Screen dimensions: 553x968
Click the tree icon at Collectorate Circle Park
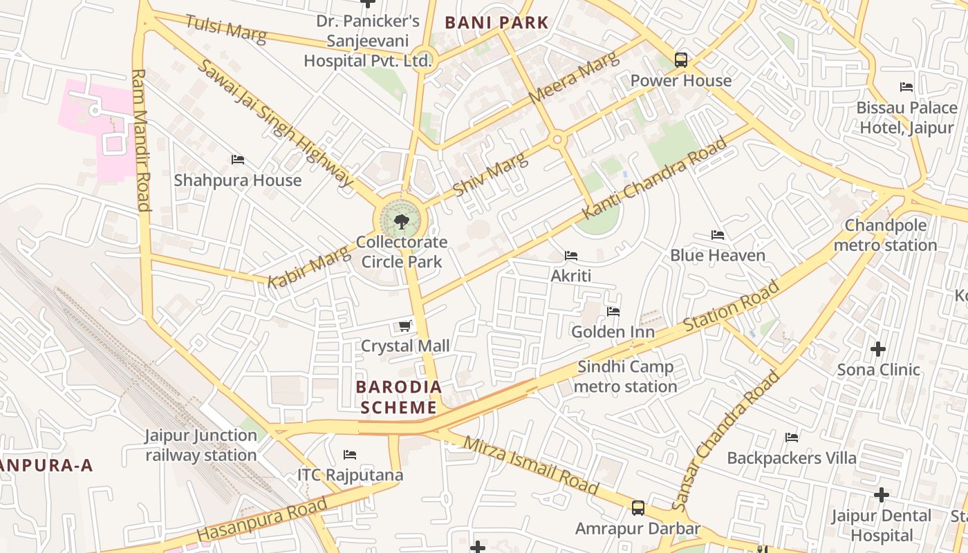click(400, 222)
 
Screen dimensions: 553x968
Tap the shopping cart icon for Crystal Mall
click(405, 326)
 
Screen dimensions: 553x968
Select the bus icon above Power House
click(681, 60)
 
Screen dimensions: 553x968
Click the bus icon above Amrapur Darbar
click(638, 508)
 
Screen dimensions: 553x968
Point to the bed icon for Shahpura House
click(238, 160)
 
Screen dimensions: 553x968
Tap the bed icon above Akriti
click(571, 256)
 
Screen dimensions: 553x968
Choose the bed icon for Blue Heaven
click(718, 235)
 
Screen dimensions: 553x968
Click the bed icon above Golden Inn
click(613, 312)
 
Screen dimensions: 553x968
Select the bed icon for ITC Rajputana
click(350, 455)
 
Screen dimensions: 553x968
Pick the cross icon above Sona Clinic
click(878, 349)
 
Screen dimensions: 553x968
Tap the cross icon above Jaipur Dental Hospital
click(881, 495)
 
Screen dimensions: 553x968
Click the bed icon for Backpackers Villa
click(792, 438)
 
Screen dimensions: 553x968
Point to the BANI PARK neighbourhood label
click(496, 22)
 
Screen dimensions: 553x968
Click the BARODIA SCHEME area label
click(399, 397)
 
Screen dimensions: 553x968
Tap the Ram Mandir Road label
click(141, 139)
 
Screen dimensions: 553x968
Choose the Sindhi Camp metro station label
click(626, 377)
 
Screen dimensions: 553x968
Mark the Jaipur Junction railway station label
click(201, 445)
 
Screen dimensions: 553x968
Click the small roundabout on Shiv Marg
click(557, 140)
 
